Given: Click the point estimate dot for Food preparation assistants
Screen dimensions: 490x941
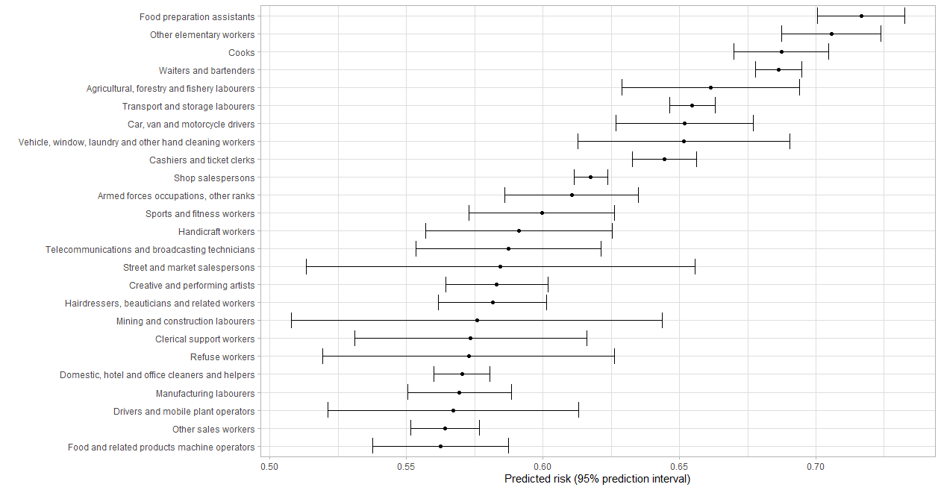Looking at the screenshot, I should click(x=861, y=16).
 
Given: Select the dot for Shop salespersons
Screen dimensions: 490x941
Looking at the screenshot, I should click(x=590, y=177).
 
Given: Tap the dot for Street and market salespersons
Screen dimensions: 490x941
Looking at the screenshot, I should click(x=500, y=266).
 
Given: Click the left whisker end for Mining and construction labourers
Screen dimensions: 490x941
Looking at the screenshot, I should click(x=291, y=320).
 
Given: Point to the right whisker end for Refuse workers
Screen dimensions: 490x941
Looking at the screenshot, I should click(x=614, y=356).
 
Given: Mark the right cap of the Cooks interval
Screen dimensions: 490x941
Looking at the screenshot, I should click(x=828, y=51).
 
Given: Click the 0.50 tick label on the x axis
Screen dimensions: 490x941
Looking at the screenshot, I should click(x=269, y=466).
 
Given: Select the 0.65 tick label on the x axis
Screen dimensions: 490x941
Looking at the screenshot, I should click(x=679, y=466).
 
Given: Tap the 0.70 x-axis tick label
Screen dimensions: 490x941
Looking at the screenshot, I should click(x=816, y=466).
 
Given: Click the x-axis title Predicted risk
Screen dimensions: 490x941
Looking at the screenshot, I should click(x=597, y=479).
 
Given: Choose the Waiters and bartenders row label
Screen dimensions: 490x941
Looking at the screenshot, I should click(x=206, y=71).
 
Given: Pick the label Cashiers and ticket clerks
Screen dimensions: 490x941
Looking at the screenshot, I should click(x=201, y=160).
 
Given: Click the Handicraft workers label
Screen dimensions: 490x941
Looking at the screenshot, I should click(x=216, y=232).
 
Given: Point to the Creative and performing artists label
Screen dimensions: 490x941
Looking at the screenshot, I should click(x=191, y=286).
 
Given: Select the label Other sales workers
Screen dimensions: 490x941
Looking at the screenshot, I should click(x=213, y=430).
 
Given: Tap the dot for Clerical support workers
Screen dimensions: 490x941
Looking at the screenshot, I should click(x=470, y=338).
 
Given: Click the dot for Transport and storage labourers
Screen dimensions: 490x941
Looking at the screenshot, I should click(x=692, y=105).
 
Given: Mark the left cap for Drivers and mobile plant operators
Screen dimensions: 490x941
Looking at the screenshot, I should click(x=328, y=410).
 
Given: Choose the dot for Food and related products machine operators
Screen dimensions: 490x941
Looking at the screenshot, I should click(x=440, y=446).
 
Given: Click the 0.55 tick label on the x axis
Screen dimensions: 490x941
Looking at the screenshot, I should click(x=406, y=466).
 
